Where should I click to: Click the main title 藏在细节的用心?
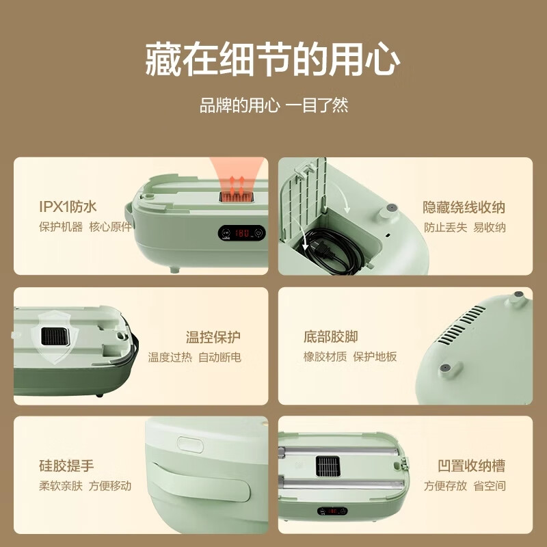(x=273, y=60)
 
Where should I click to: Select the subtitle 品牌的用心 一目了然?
(x=273, y=106)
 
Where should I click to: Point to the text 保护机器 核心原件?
(x=85, y=227)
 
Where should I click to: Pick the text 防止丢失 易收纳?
(x=465, y=227)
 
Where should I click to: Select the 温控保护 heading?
(x=213, y=337)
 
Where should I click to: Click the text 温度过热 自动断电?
(x=195, y=357)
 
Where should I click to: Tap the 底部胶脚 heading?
(x=330, y=337)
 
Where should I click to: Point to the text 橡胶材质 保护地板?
(x=350, y=357)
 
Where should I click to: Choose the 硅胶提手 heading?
(x=66, y=466)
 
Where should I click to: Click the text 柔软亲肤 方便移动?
(x=85, y=486)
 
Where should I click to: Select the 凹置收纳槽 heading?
(x=471, y=466)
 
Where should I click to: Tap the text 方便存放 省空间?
(x=465, y=486)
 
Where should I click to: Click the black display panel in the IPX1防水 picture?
(x=242, y=232)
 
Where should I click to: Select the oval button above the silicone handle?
(x=191, y=443)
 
